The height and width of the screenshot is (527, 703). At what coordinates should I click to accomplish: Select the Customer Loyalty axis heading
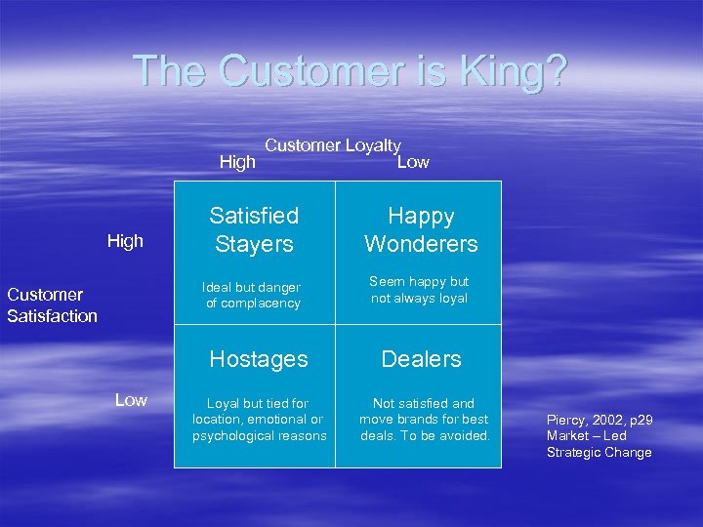coord(333,145)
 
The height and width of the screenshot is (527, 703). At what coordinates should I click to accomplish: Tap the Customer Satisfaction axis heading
coord(53,304)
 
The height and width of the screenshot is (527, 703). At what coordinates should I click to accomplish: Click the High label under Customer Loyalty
coord(237,162)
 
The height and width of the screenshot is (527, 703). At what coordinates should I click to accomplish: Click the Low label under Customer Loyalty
coord(413,162)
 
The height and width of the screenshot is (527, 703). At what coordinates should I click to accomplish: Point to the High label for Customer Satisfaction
coord(125,241)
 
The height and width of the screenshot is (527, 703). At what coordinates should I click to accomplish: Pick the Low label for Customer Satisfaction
coord(131,399)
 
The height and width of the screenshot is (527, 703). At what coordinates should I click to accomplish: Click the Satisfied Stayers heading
coord(254,229)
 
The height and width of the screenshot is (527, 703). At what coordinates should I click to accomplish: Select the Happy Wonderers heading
coord(421,229)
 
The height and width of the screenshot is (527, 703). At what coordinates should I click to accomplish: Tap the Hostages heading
coord(259,359)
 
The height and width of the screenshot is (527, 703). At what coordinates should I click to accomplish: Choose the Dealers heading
coord(421,359)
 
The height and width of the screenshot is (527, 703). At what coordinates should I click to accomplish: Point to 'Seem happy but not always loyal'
coord(419,290)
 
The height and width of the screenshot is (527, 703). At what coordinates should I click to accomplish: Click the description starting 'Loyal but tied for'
coord(259,420)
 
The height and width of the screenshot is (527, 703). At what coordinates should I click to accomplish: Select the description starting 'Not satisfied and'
coord(424,420)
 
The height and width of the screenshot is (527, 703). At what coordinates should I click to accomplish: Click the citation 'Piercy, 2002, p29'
coord(599,421)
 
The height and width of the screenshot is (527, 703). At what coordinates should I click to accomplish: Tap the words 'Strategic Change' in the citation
coord(599,452)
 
